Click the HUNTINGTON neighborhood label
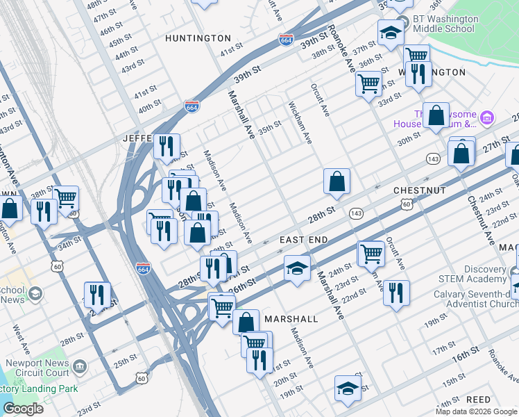(198, 38)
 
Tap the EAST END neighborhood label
(303, 240)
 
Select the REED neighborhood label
(479, 400)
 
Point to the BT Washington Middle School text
(444, 24)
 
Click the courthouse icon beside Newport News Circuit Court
(80, 365)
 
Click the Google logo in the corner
(23, 409)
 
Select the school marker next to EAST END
(297, 268)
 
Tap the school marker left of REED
(347, 389)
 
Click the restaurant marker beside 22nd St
(396, 292)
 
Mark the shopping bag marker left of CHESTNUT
(337, 182)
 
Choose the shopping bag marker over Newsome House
(436, 116)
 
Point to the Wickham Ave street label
(300, 124)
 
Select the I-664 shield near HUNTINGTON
(285, 40)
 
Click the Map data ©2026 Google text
(475, 411)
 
